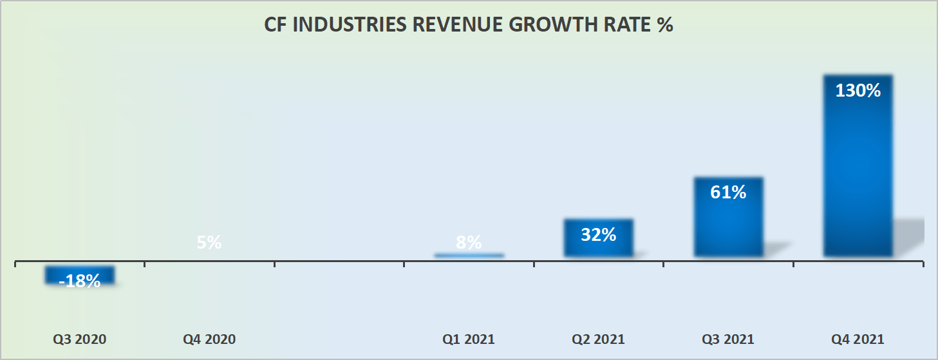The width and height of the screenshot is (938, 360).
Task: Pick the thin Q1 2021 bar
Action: pyautogui.click(x=469, y=256)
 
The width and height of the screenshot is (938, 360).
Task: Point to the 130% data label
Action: pyautogui.click(x=858, y=91)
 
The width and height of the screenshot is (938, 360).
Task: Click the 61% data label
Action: pyautogui.click(x=728, y=192)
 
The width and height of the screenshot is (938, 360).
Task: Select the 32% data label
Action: pyautogui.click(x=598, y=235)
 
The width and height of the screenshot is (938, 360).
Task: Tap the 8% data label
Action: pyautogui.click(x=469, y=243)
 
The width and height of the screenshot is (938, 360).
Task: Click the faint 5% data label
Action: pyautogui.click(x=209, y=243)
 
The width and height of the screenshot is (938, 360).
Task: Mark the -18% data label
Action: pyautogui.click(x=80, y=281)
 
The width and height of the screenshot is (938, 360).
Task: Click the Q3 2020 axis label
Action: pyautogui.click(x=80, y=339)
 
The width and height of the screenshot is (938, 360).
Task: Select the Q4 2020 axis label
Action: pyautogui.click(x=209, y=339)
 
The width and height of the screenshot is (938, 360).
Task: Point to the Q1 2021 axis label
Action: pyautogui.click(x=469, y=339)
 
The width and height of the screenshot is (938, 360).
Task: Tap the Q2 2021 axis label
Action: pyautogui.click(x=598, y=339)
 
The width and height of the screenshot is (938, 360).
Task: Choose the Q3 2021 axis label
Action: pyautogui.click(x=727, y=339)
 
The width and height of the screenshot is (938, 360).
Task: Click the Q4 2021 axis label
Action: pyautogui.click(x=858, y=339)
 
